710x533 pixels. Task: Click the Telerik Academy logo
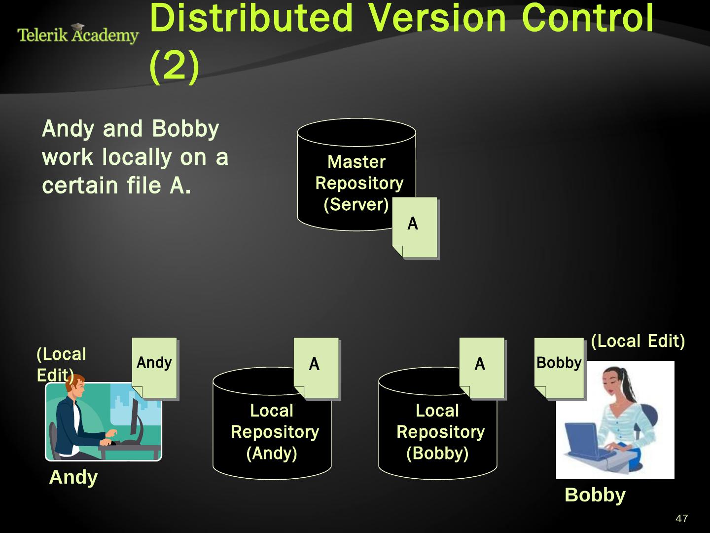pos(78,34)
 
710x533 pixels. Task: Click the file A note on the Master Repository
pos(414,227)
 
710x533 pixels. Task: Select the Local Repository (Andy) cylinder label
pos(273,432)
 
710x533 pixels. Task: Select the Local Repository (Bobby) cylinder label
pos(439,432)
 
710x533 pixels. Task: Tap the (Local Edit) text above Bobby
pos(638,341)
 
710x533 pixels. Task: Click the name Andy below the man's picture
pos(73,477)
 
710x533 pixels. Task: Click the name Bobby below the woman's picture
pos(595,495)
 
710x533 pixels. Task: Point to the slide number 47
pos(681,519)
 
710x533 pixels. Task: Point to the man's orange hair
pos(74,383)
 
